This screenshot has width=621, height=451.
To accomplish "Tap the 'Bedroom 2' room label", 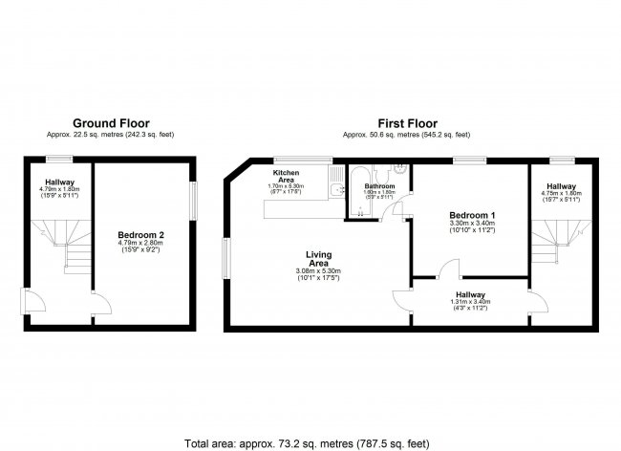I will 139,234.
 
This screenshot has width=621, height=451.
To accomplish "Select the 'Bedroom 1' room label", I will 471,216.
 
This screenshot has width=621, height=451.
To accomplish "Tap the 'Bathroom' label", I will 379,186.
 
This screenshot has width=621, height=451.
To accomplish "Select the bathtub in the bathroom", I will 354,192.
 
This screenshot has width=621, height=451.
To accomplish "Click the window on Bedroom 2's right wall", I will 195,202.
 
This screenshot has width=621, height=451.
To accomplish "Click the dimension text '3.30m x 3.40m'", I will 471,225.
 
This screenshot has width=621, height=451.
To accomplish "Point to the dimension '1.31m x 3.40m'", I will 471,303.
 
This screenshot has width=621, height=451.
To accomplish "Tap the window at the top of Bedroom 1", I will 468,159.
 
